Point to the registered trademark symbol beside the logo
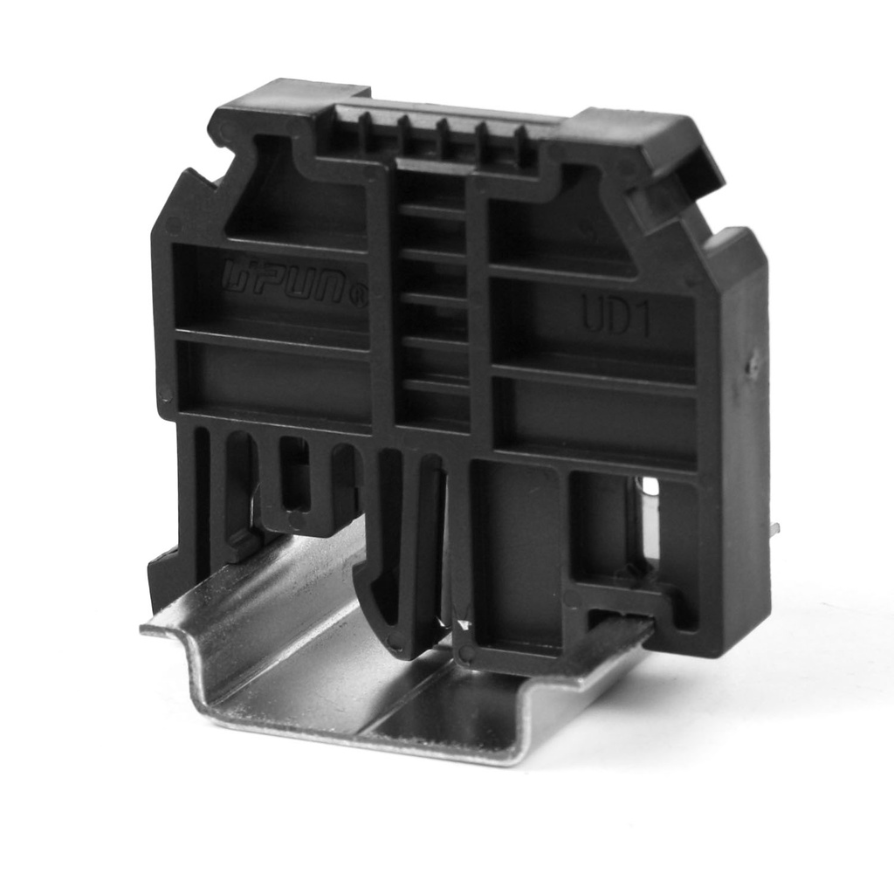(x=357, y=299)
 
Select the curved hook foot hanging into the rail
(x=384, y=602)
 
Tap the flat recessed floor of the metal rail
(x=367, y=681)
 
